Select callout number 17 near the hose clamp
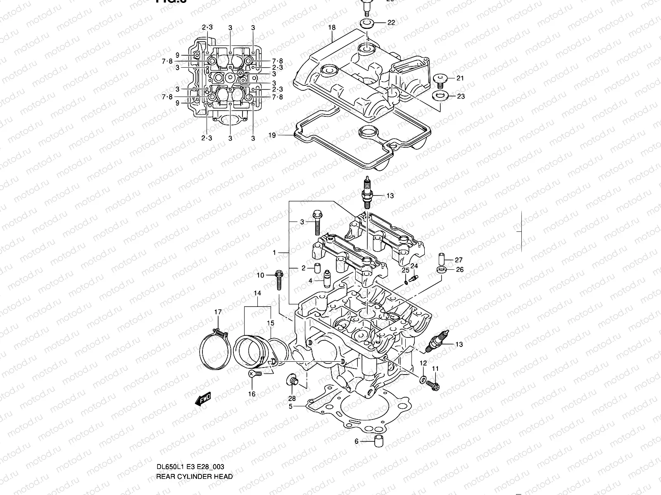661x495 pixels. pyautogui.click(x=218, y=312)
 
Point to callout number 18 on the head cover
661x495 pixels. pyautogui.click(x=332, y=28)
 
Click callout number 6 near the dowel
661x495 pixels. pyautogui.click(x=357, y=441)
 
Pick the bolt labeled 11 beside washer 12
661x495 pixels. pyautogui.click(x=434, y=385)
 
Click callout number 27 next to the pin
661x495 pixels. pyautogui.click(x=459, y=260)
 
